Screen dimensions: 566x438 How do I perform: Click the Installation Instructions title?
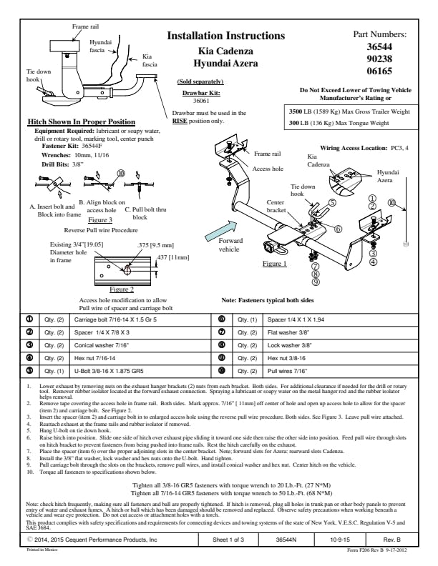click(x=225, y=36)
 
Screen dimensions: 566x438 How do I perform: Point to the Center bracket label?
click(x=276, y=207)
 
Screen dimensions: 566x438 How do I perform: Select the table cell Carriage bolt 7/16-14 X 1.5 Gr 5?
click(x=115, y=319)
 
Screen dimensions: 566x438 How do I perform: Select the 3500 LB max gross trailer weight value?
click(x=298, y=111)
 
